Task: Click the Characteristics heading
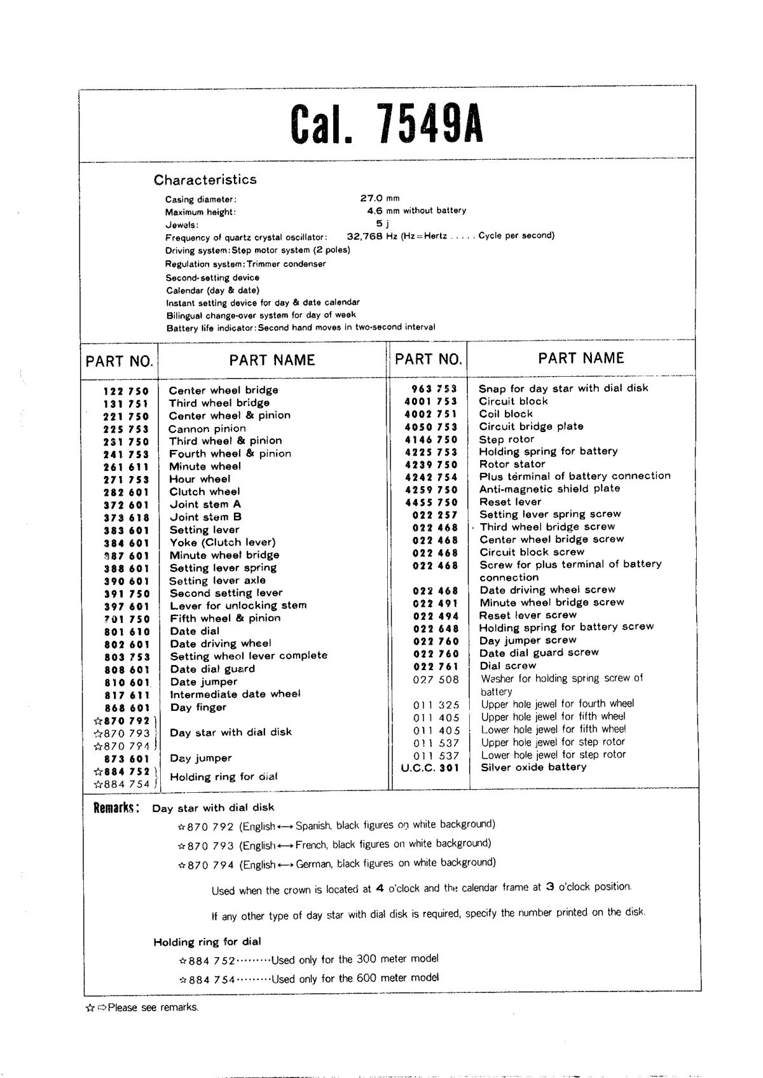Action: click(205, 179)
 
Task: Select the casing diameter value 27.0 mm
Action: click(380, 198)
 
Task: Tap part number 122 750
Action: click(126, 391)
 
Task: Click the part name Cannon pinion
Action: click(207, 428)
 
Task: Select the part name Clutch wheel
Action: click(205, 491)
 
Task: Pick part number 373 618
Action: click(126, 517)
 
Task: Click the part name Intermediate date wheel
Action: click(235, 694)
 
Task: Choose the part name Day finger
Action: click(198, 707)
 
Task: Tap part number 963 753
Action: click(434, 389)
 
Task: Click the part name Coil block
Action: click(506, 414)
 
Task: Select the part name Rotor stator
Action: click(512, 464)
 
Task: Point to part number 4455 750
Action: click(430, 502)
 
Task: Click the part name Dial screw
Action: click(507, 666)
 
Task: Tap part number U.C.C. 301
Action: click(430, 767)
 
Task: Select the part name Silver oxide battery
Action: click(533, 767)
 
